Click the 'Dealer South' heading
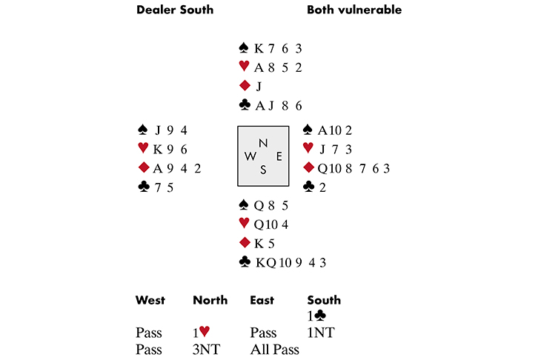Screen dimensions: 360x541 tap(174, 10)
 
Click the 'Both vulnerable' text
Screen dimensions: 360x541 tap(354, 10)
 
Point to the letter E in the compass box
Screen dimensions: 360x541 tap(279, 156)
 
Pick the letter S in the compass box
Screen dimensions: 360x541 tap(263, 170)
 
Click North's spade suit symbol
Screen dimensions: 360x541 tap(243, 48)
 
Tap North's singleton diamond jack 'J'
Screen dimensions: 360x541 tap(259, 86)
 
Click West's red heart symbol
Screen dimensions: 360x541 tap(144, 148)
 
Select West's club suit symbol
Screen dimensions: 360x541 tap(144, 187)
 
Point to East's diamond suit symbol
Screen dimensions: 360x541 tap(308, 168)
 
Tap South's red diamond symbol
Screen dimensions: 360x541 tap(243, 242)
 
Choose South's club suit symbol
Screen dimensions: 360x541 tap(243, 261)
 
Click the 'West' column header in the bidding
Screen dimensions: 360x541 tap(150, 300)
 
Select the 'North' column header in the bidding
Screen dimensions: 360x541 tap(209, 300)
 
